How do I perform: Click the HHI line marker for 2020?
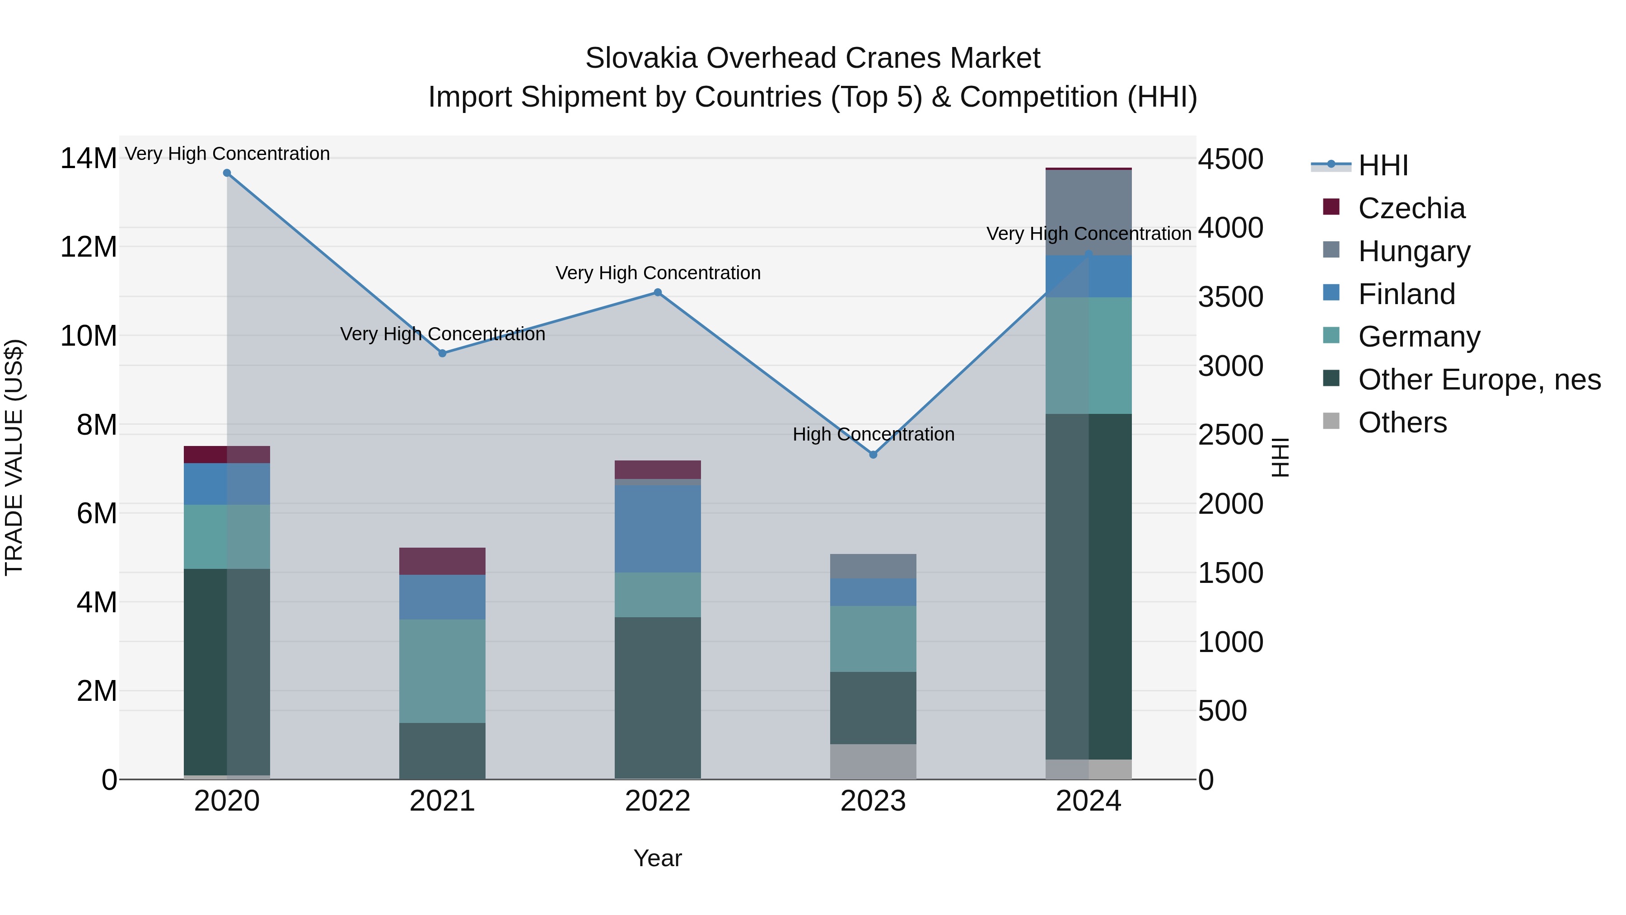pyautogui.click(x=227, y=173)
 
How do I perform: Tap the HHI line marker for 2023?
pyautogui.click(x=873, y=455)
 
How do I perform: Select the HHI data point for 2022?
pyautogui.click(x=658, y=292)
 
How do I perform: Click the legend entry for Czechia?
pyautogui.click(x=1411, y=208)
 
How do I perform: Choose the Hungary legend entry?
pyautogui.click(x=1414, y=251)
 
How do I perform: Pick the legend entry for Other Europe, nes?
pyautogui.click(x=1479, y=380)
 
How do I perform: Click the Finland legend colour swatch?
pyautogui.click(x=1331, y=293)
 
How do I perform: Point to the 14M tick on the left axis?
pyautogui.click(x=89, y=159)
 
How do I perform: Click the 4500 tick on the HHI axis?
pyautogui.click(x=1230, y=159)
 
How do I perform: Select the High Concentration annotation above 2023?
pyautogui.click(x=873, y=434)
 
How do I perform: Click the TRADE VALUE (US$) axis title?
pyautogui.click(x=14, y=457)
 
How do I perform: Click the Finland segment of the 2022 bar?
pyautogui.click(x=658, y=529)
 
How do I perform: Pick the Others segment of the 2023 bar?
pyautogui.click(x=873, y=761)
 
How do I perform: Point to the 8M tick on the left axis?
pyautogui.click(x=97, y=425)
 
